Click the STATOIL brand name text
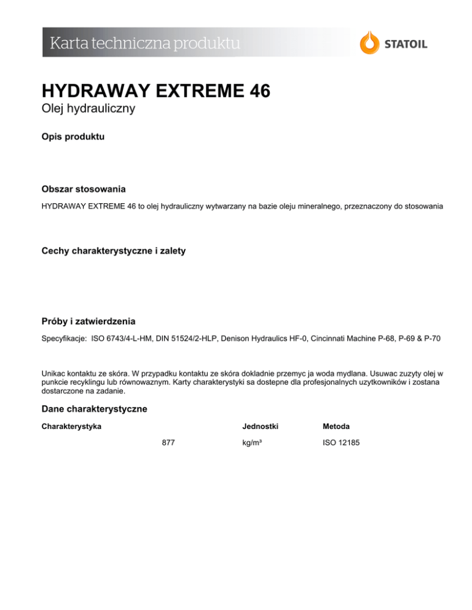406,44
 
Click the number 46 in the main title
253,92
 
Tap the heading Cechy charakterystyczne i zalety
114,252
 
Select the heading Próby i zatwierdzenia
88,321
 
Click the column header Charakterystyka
71,425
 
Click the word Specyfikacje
64,338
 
